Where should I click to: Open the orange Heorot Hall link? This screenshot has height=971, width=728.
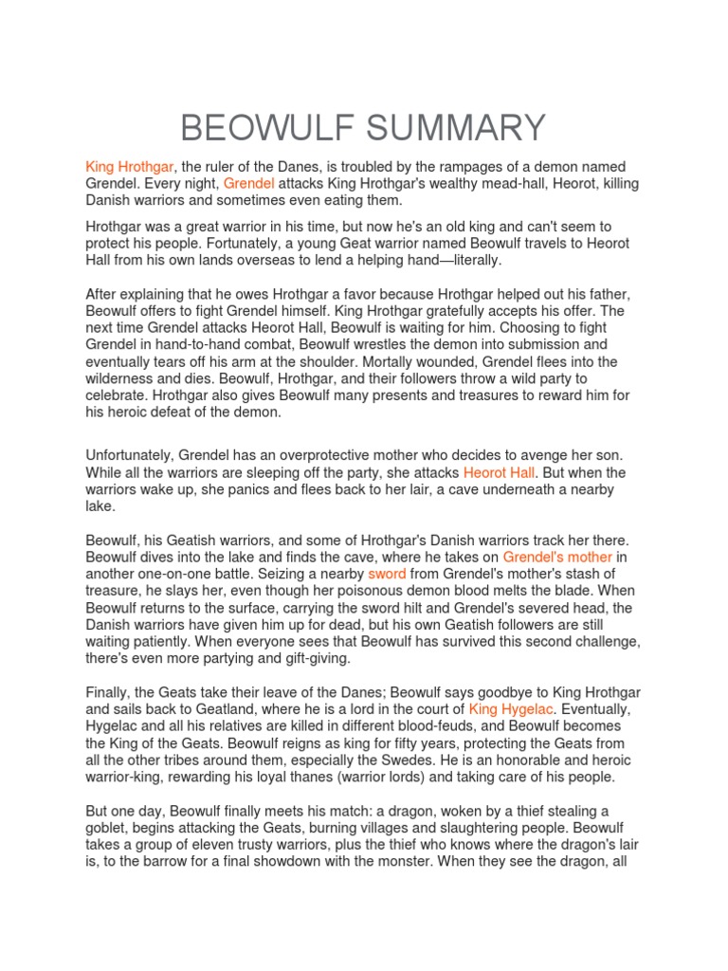point(500,472)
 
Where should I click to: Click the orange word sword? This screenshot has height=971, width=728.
point(387,574)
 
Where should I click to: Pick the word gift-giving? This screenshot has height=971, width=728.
point(309,659)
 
